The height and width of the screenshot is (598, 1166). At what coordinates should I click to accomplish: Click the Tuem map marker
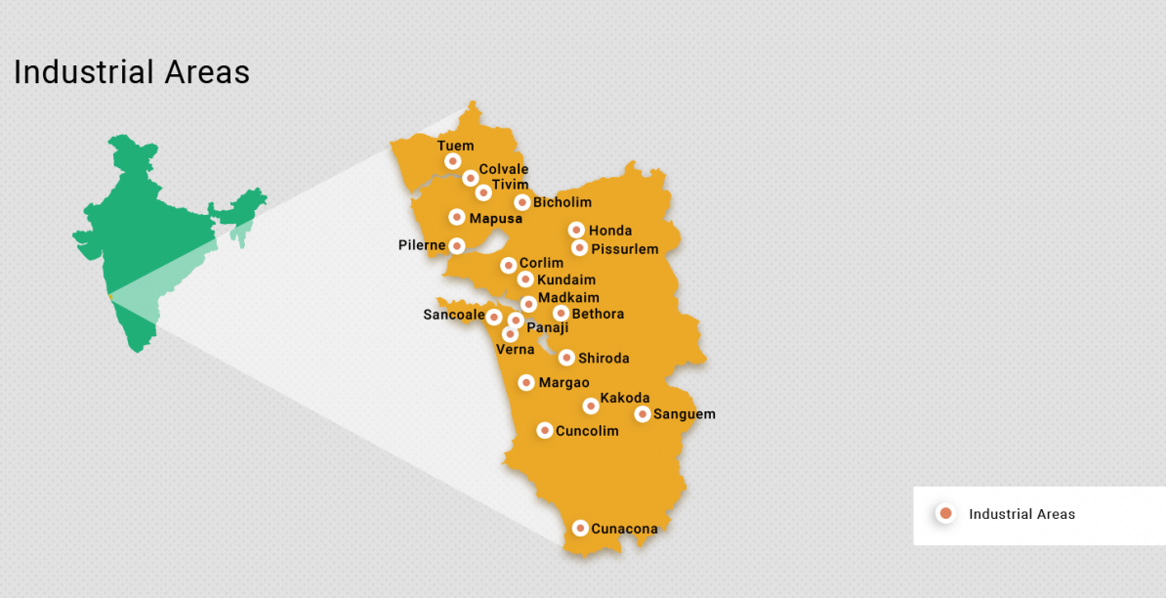click(452, 161)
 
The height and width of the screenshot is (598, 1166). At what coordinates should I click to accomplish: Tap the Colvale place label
click(503, 169)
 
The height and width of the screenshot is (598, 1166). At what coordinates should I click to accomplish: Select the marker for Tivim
click(483, 192)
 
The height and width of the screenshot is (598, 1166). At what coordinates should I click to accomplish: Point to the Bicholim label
click(562, 202)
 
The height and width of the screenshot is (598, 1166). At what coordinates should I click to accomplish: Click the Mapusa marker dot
click(457, 217)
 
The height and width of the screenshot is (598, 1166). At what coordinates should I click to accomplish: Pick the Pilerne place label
click(422, 244)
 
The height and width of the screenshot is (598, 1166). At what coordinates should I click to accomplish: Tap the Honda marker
click(577, 230)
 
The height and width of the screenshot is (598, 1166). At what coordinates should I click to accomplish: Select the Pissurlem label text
click(624, 249)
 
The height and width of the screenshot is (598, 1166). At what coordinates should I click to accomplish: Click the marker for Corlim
click(509, 265)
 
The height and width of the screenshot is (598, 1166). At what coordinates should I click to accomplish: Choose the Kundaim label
click(565, 280)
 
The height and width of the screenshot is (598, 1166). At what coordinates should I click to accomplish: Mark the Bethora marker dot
click(562, 313)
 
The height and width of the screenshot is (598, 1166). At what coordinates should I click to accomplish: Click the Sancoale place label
click(453, 315)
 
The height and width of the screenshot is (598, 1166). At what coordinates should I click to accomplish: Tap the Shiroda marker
click(566, 358)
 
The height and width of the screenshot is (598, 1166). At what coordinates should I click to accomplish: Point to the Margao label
click(563, 383)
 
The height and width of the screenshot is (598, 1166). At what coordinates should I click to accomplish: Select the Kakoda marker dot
click(591, 406)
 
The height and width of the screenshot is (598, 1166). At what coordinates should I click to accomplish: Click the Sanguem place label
click(684, 414)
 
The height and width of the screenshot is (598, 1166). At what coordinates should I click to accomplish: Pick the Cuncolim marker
click(545, 430)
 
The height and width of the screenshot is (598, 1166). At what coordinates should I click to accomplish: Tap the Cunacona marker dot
click(580, 528)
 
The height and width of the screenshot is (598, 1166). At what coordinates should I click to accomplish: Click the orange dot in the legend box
click(945, 514)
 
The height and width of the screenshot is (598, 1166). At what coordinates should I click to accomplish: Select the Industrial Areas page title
click(132, 72)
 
